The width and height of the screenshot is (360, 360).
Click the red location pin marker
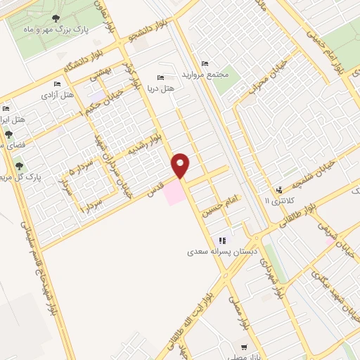181,165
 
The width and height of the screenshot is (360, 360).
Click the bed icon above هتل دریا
161,77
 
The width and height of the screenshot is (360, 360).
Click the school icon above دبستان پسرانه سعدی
222,240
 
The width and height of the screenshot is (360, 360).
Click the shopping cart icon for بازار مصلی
244,347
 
